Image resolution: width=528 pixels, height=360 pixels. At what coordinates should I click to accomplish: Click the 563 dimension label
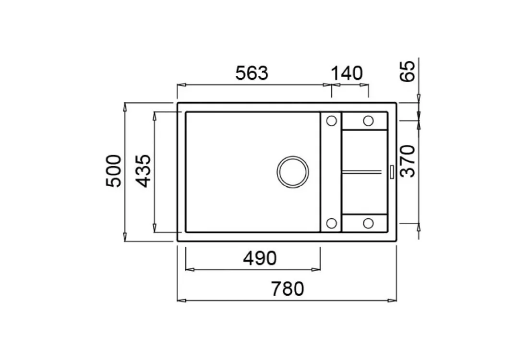click(x=252, y=73)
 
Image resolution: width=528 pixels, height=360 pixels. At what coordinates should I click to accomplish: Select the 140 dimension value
click(x=347, y=73)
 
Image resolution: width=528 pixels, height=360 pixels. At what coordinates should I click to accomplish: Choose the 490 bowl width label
click(x=260, y=258)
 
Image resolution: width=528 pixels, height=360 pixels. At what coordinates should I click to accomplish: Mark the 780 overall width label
click(x=287, y=288)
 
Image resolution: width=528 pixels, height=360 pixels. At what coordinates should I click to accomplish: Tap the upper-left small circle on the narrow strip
click(x=332, y=120)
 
